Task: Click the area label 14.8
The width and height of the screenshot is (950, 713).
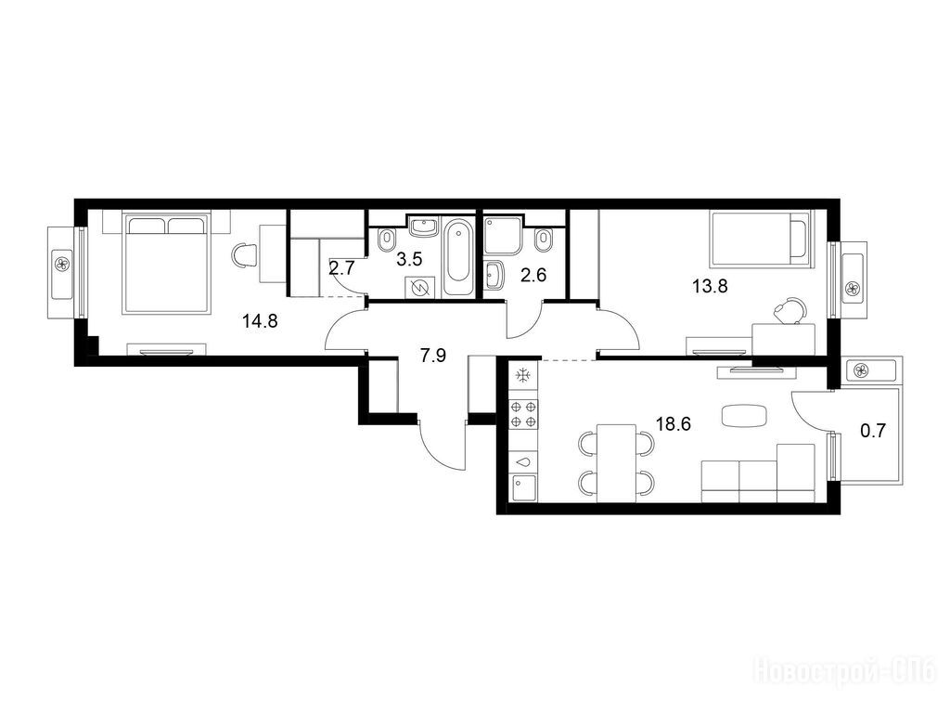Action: point(260,320)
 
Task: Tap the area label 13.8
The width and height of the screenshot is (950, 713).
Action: point(710,286)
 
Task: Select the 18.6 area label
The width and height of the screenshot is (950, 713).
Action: point(674,423)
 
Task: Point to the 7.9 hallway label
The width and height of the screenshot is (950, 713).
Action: point(433,356)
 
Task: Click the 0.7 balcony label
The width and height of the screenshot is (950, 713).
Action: point(873,431)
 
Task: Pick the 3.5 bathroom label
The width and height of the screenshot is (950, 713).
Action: point(409,260)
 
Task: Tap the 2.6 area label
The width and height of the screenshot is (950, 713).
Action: point(533,275)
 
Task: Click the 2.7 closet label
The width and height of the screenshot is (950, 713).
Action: point(341,268)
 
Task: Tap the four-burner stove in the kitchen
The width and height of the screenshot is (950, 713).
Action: point(523,414)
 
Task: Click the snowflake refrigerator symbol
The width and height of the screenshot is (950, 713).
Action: point(521,377)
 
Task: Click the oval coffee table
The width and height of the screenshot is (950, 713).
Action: point(745,416)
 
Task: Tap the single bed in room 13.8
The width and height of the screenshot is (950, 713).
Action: point(761,239)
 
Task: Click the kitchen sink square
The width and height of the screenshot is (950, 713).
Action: point(524,488)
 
